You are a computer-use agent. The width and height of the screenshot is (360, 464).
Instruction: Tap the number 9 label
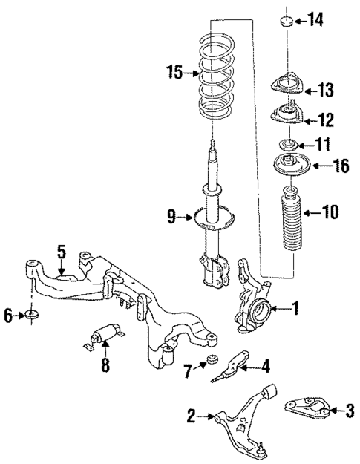[x=172, y=218]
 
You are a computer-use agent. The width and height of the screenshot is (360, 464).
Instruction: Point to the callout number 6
[x=8, y=317]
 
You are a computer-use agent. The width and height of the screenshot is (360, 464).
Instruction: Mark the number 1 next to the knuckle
[x=295, y=307]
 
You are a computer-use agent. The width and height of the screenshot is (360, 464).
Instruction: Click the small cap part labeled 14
[x=287, y=20]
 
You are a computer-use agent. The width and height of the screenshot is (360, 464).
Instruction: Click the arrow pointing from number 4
[x=246, y=365]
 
